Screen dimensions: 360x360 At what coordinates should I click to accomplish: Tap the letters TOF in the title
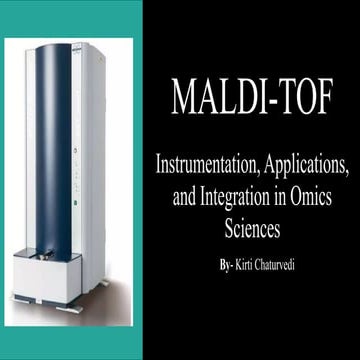pos(309,100)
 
